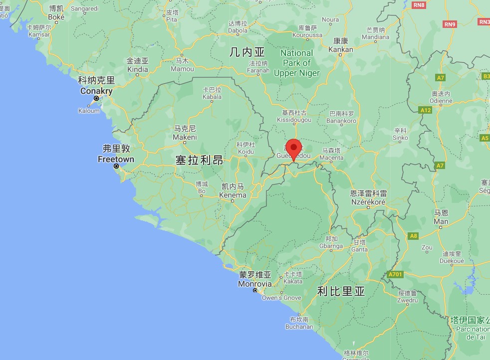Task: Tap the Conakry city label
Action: tap(96, 91)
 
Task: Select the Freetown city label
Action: tap(116, 160)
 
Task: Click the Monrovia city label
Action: tap(254, 284)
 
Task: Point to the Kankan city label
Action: tap(341, 49)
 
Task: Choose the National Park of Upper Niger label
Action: tap(296, 63)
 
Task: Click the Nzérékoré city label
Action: tap(368, 202)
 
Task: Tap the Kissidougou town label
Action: tap(294, 120)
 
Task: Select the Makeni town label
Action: tap(185, 137)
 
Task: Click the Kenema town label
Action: tap(233, 195)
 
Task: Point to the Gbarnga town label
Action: tap(331, 246)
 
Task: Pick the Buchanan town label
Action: tap(299, 327)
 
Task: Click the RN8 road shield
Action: tap(419, 5)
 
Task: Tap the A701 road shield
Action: tap(394, 275)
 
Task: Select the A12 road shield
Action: tap(426, 110)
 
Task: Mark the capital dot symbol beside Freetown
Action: tap(116, 167)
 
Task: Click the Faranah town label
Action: tap(258, 70)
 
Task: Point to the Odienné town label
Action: tap(442, 101)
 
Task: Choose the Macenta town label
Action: tap(331, 158)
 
